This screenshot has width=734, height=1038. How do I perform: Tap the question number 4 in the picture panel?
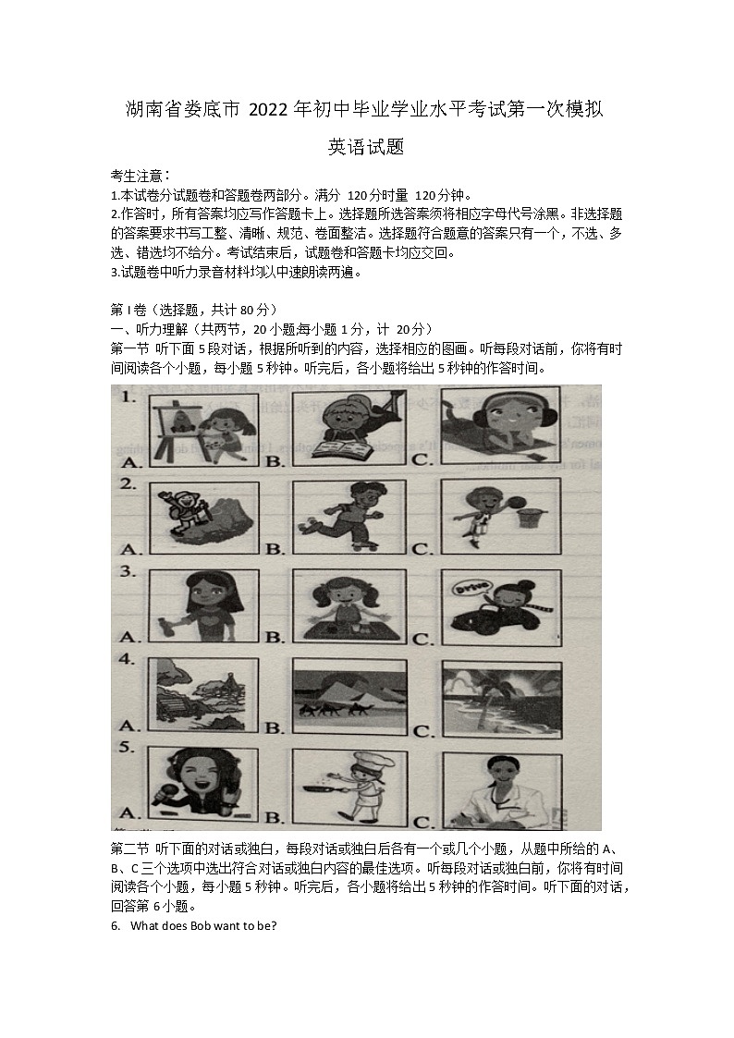coord(128,661)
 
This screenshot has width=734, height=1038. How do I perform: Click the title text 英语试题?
coord(367,146)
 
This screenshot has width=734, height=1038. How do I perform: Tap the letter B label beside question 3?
coord(274,636)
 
